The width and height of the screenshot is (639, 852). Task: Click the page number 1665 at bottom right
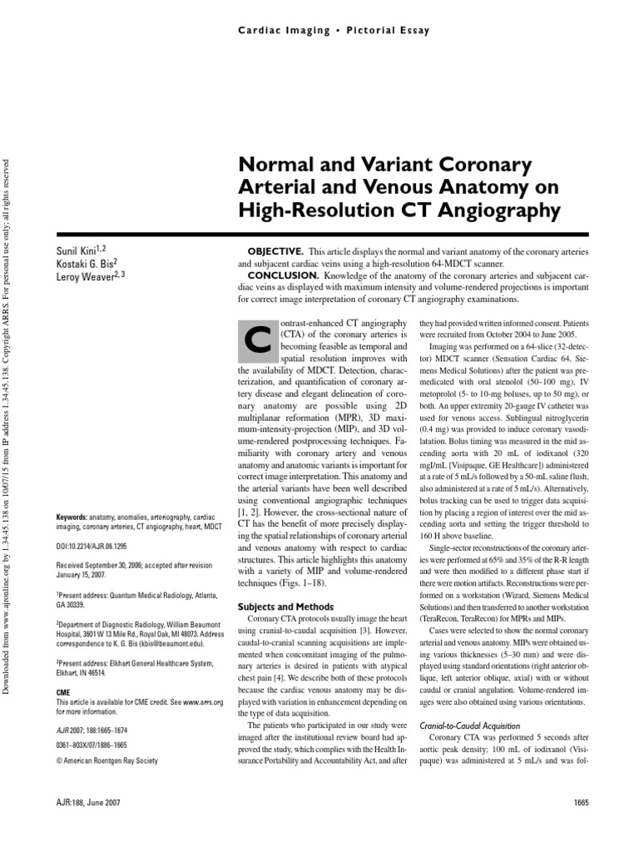pyautogui.click(x=581, y=801)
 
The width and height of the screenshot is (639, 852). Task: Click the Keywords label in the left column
pyautogui.click(x=73, y=516)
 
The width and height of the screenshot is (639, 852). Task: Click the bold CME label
pyautogui.click(x=63, y=691)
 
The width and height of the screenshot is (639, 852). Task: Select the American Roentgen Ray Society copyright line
pyautogui.click(x=106, y=760)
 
